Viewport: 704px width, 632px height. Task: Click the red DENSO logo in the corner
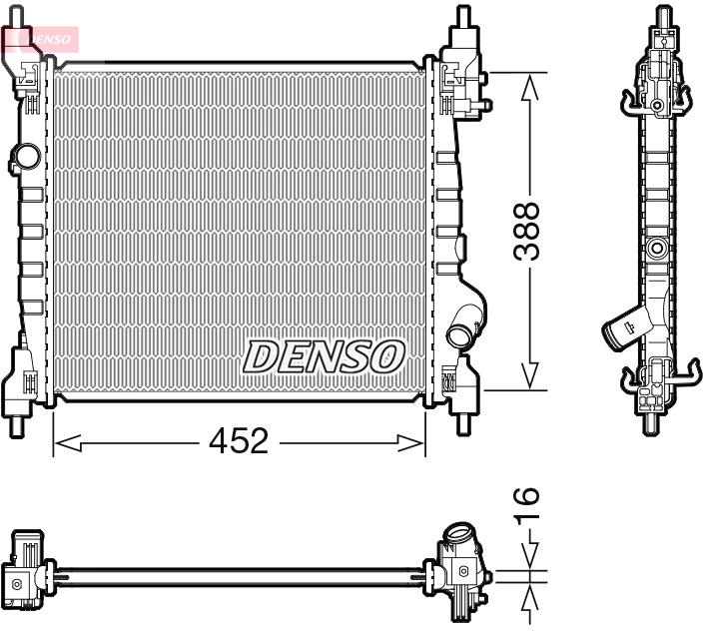39,37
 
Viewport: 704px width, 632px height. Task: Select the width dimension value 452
240,440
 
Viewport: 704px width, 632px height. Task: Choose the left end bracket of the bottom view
25,569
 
